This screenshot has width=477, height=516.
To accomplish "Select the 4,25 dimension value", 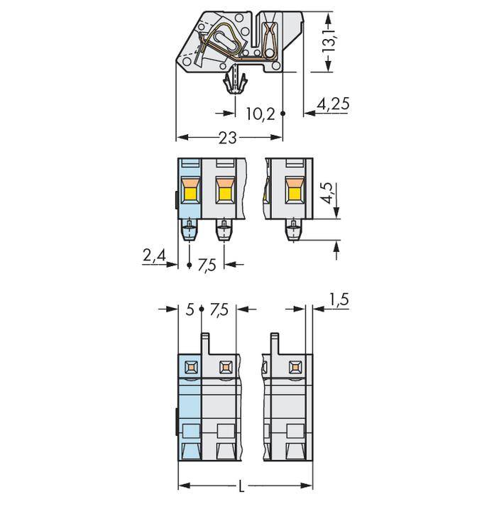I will tap(333, 104).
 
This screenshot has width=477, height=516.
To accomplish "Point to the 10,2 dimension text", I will tap(260, 114).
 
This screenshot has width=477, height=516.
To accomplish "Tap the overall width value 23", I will tap(227, 138).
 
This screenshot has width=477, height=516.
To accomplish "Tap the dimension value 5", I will tap(190, 309).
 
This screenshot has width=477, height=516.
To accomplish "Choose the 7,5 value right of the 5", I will tap(219, 309).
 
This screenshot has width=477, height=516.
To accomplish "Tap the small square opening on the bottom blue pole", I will tap(190, 367).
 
